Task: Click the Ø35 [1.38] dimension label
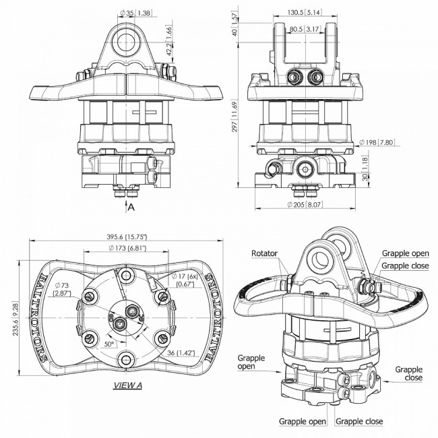[135, 13]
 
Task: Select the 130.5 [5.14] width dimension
[305, 12]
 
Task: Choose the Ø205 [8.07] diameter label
[305, 205]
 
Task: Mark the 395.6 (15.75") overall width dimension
[127, 237]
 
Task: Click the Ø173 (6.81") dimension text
[127, 248]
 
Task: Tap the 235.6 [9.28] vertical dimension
[15, 319]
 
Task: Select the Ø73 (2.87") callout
[63, 289]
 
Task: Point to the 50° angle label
[109, 344]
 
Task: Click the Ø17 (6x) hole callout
[185, 280]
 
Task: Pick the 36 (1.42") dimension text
[181, 353]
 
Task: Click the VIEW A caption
[127, 385]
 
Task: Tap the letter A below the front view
[131, 208]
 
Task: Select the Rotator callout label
[264, 253]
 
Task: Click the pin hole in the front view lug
[126, 42]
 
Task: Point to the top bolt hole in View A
[126, 275]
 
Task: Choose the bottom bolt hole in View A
[126, 361]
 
